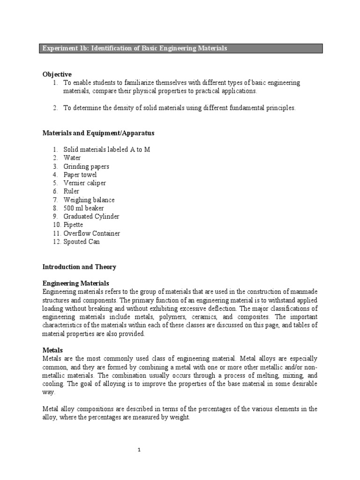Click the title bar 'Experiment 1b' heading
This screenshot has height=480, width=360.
135,49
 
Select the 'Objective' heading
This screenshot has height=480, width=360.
57,74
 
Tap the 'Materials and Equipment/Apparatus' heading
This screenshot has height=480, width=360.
98,133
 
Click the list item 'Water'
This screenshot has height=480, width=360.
72,158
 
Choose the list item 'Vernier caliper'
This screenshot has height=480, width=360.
85,183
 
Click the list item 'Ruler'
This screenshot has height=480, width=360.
71,191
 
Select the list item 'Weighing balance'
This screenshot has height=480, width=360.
89,200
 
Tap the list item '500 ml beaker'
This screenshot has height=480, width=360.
84,208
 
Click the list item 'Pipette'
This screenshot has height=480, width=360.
73,225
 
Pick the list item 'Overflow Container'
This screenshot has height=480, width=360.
92,233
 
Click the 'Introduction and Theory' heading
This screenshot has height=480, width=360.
79,267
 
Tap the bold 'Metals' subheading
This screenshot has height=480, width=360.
52,350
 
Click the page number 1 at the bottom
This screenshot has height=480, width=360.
139,450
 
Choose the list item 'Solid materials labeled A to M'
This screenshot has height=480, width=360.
107,150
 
